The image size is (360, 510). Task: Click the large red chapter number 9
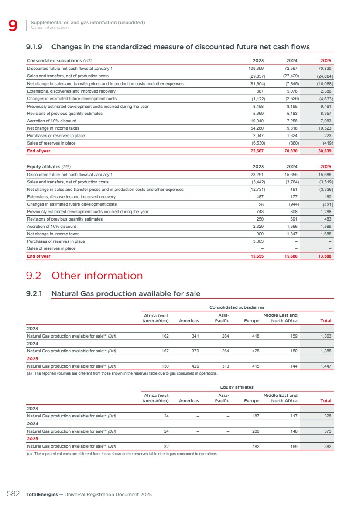pos(13,26)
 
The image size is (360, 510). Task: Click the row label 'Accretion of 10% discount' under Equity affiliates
pos(51,227)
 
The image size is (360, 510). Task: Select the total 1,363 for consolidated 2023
pos(323,336)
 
